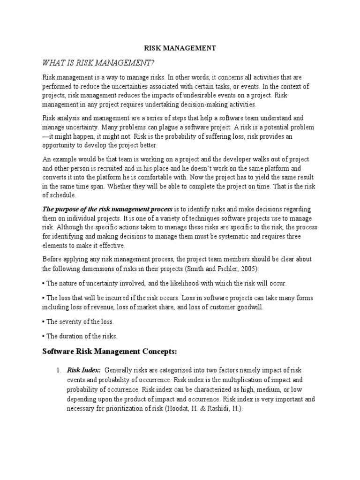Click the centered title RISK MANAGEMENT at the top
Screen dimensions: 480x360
180,48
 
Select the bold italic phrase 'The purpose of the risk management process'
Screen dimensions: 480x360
107,209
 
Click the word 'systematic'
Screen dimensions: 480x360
224,236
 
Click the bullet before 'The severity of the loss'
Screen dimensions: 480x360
44,322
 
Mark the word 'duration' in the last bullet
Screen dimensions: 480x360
71,336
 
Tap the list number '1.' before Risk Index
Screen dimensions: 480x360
59,370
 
